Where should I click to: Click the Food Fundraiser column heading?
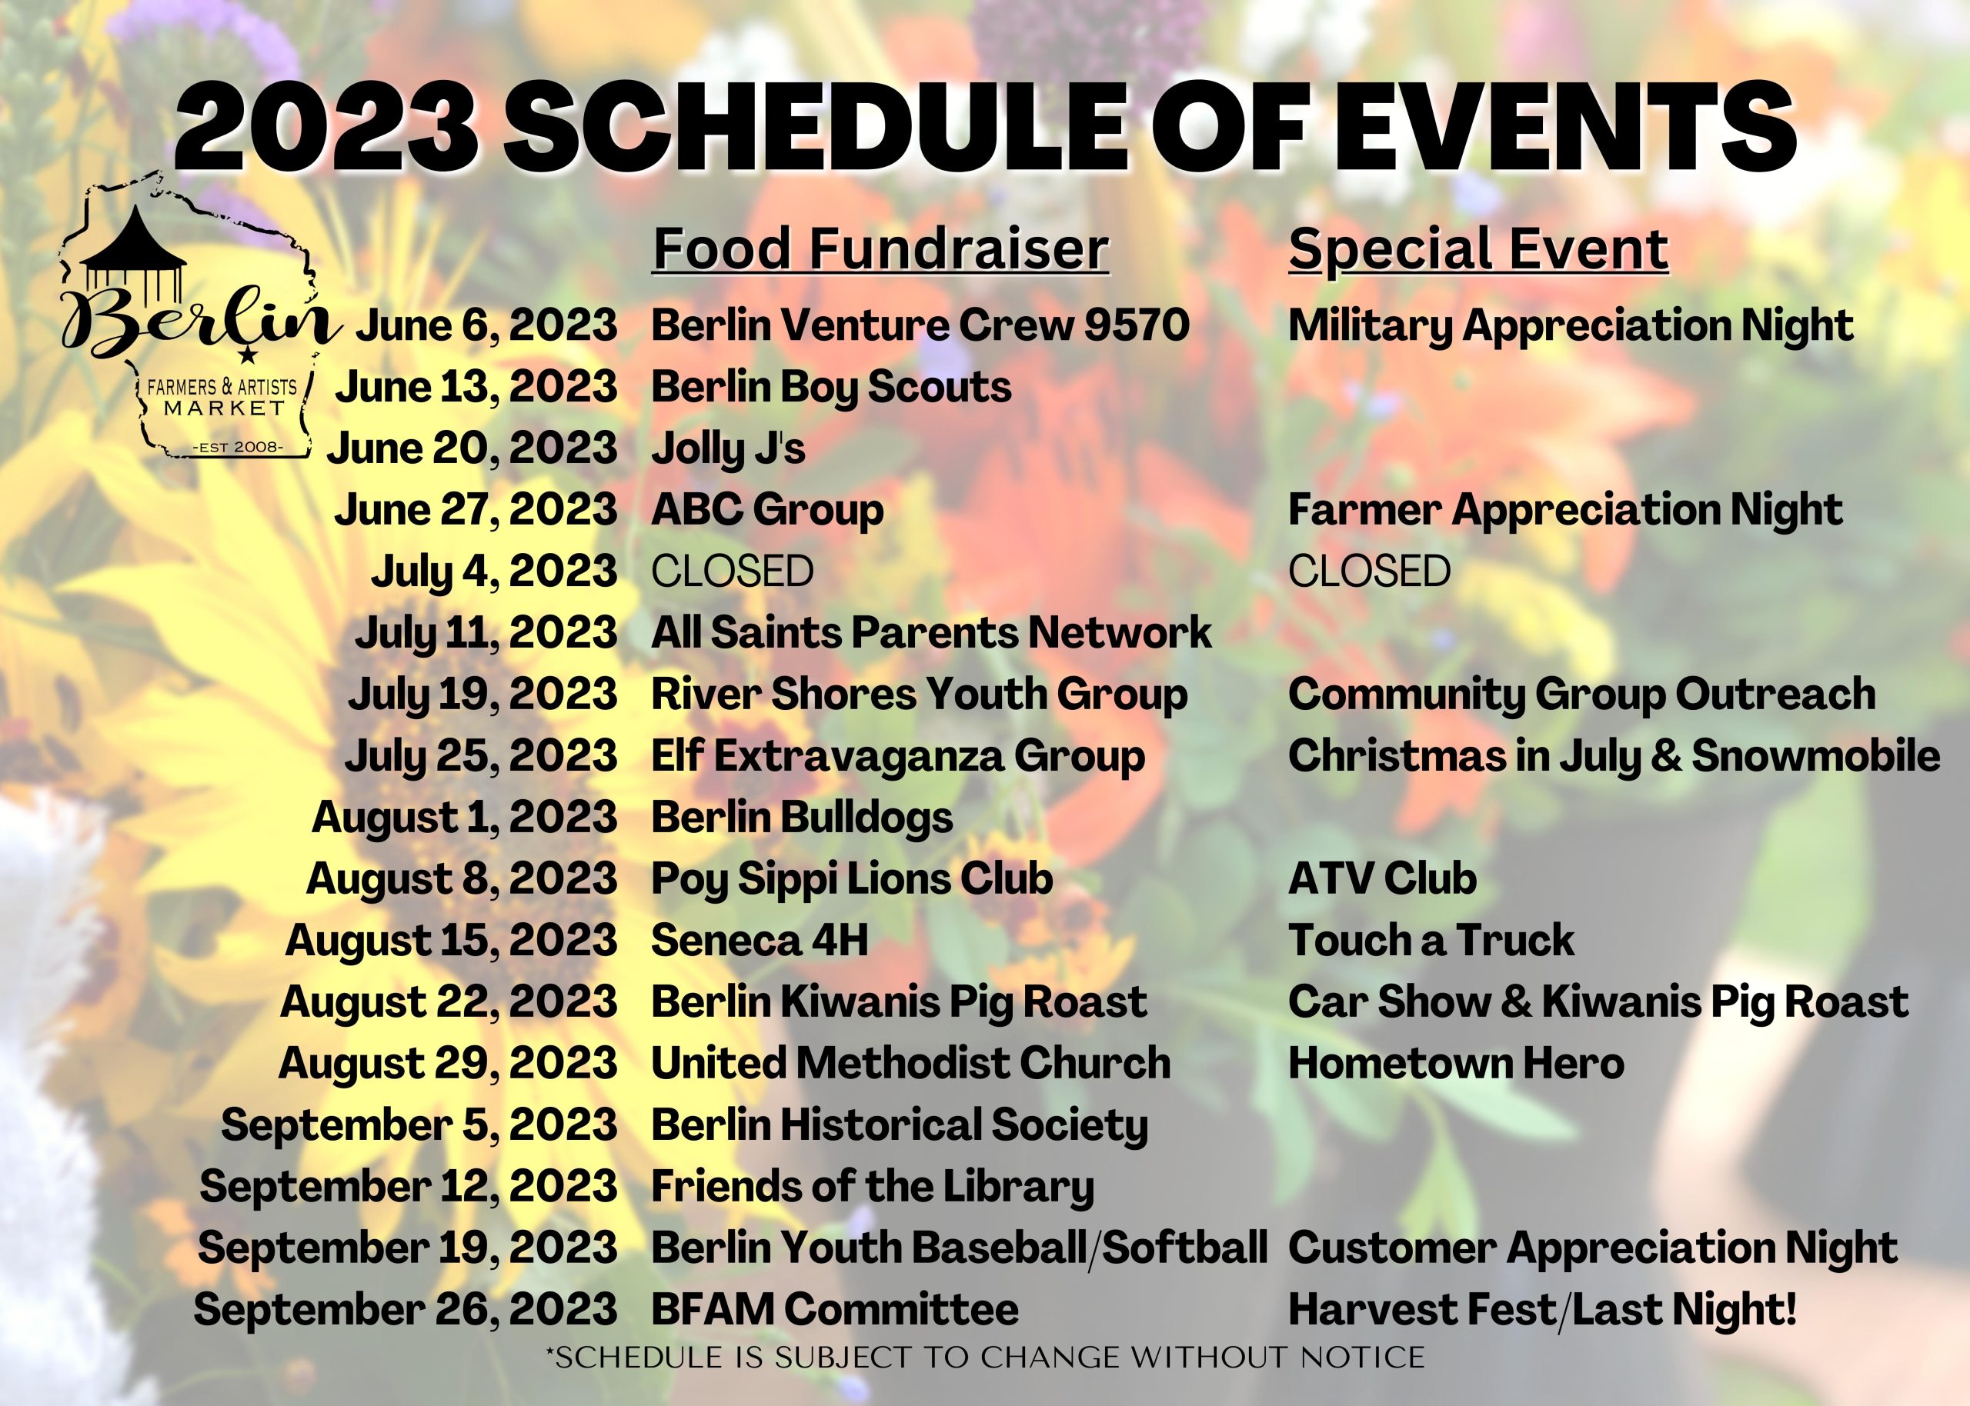(880, 249)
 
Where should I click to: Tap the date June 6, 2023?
(486, 325)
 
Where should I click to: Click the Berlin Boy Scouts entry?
(831, 387)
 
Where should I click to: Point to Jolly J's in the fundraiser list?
(728, 448)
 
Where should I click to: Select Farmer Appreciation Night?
(1564, 510)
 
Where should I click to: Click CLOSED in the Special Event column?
(1369, 571)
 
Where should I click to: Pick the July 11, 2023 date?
(486, 633)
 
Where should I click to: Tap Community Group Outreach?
(1582, 695)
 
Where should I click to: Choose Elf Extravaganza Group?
(898, 756)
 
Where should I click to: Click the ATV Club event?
(1382, 878)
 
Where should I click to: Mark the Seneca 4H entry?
(760, 940)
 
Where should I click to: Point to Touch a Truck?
(1431, 940)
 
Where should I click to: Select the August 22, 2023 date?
(449, 1002)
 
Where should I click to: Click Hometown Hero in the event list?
(1456, 1063)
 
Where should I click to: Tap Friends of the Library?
(872, 1186)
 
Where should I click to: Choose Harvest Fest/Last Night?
(1542, 1309)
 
